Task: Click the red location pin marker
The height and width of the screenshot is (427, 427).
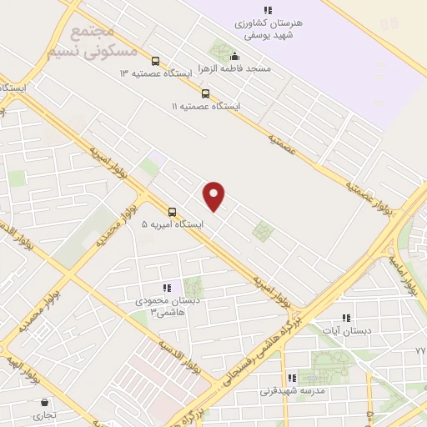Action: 214,195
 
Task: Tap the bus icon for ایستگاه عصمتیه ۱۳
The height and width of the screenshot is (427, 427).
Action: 155,61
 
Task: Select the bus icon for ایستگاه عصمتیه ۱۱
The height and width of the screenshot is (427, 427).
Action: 205,93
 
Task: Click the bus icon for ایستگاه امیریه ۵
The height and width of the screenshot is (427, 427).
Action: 172,211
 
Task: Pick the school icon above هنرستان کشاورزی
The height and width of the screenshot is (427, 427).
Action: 268,10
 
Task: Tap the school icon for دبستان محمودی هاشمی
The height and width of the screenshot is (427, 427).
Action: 166,288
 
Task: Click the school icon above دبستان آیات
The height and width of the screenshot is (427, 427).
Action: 347,318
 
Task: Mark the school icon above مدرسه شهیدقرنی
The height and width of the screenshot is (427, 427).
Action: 292,377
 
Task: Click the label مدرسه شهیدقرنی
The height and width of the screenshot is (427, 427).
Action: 293,390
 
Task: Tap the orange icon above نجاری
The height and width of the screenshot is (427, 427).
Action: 44,402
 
